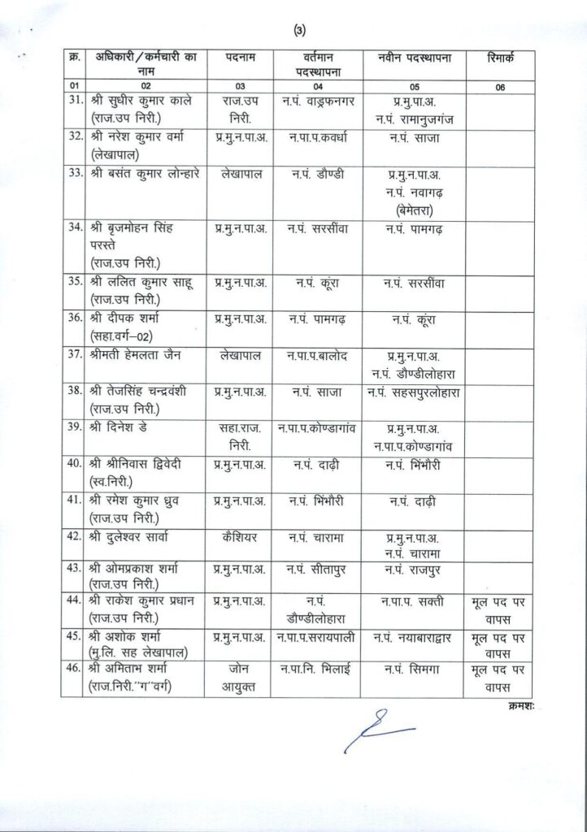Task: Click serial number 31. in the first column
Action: pyautogui.click(x=76, y=101)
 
